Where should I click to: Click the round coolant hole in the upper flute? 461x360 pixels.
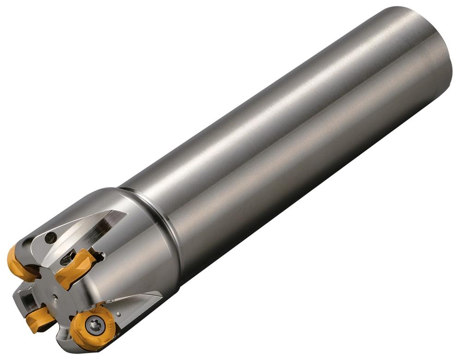pos(51,238)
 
